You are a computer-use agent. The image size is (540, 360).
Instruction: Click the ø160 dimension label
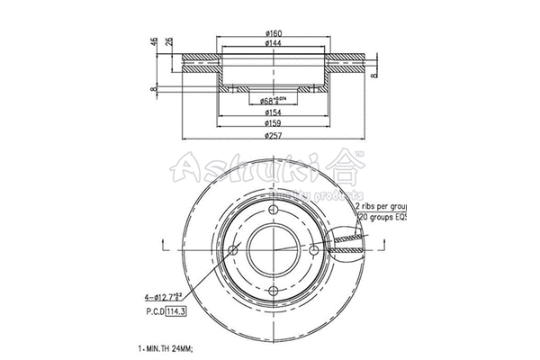pyautogui.click(x=270, y=35)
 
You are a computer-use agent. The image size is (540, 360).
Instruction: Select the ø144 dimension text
pyautogui.click(x=270, y=43)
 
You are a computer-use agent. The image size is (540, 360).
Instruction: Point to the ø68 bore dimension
pyautogui.click(x=270, y=100)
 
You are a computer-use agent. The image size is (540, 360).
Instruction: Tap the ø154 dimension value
pyautogui.click(x=270, y=112)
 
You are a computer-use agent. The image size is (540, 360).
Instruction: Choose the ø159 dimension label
pyautogui.click(x=270, y=123)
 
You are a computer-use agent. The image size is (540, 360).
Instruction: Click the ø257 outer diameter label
pyautogui.click(x=270, y=135)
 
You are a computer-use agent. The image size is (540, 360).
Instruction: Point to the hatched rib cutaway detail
pyautogui.click(x=349, y=239)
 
